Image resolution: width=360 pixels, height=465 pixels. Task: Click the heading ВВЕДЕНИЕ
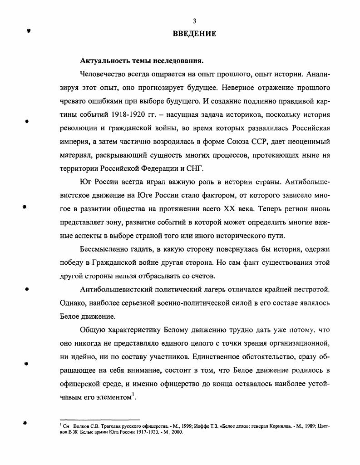coord(194,34)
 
